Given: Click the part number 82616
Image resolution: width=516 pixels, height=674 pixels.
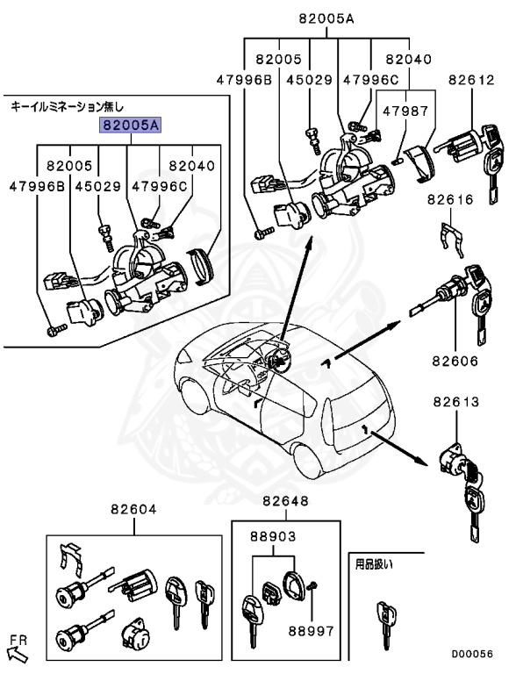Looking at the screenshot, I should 450,200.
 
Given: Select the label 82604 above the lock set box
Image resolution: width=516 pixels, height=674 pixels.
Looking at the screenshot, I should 133,509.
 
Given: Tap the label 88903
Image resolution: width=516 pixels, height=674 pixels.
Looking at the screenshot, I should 273,536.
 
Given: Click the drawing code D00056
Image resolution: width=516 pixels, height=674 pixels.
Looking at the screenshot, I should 472,654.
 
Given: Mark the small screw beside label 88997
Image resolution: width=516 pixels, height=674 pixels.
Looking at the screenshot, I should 314,586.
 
